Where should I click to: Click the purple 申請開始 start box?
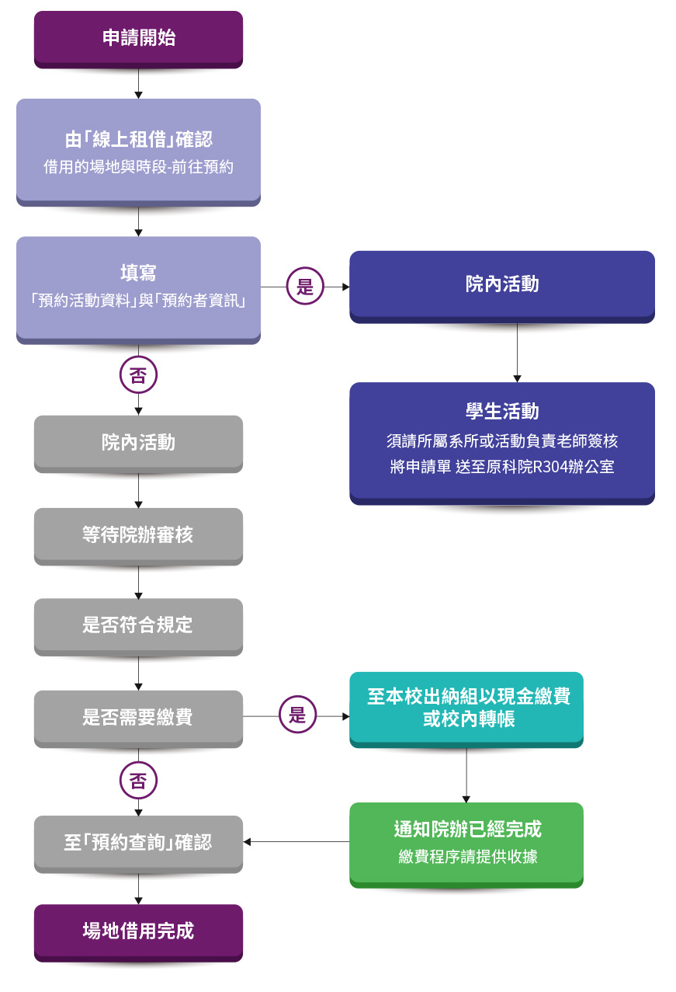tap(138, 37)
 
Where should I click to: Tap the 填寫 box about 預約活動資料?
tap(138, 287)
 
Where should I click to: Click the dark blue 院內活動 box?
tap(501, 284)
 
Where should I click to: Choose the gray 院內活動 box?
tap(138, 443)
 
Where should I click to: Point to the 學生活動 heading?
tap(501, 411)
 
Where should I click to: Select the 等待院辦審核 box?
tap(138, 534)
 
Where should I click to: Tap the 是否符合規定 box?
tap(138, 625)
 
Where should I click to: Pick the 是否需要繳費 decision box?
tap(138, 717)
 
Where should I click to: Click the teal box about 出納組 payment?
tap(466, 708)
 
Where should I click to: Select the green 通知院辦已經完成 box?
tap(466, 842)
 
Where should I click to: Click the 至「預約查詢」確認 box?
tap(138, 843)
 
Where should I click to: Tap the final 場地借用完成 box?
tap(138, 931)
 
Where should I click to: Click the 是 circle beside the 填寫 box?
tap(305, 287)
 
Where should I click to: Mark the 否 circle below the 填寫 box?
tap(138, 376)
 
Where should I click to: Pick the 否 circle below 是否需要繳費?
tap(138, 781)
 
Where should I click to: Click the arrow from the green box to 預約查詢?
tap(295, 842)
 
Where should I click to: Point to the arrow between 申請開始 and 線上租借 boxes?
tap(138, 84)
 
